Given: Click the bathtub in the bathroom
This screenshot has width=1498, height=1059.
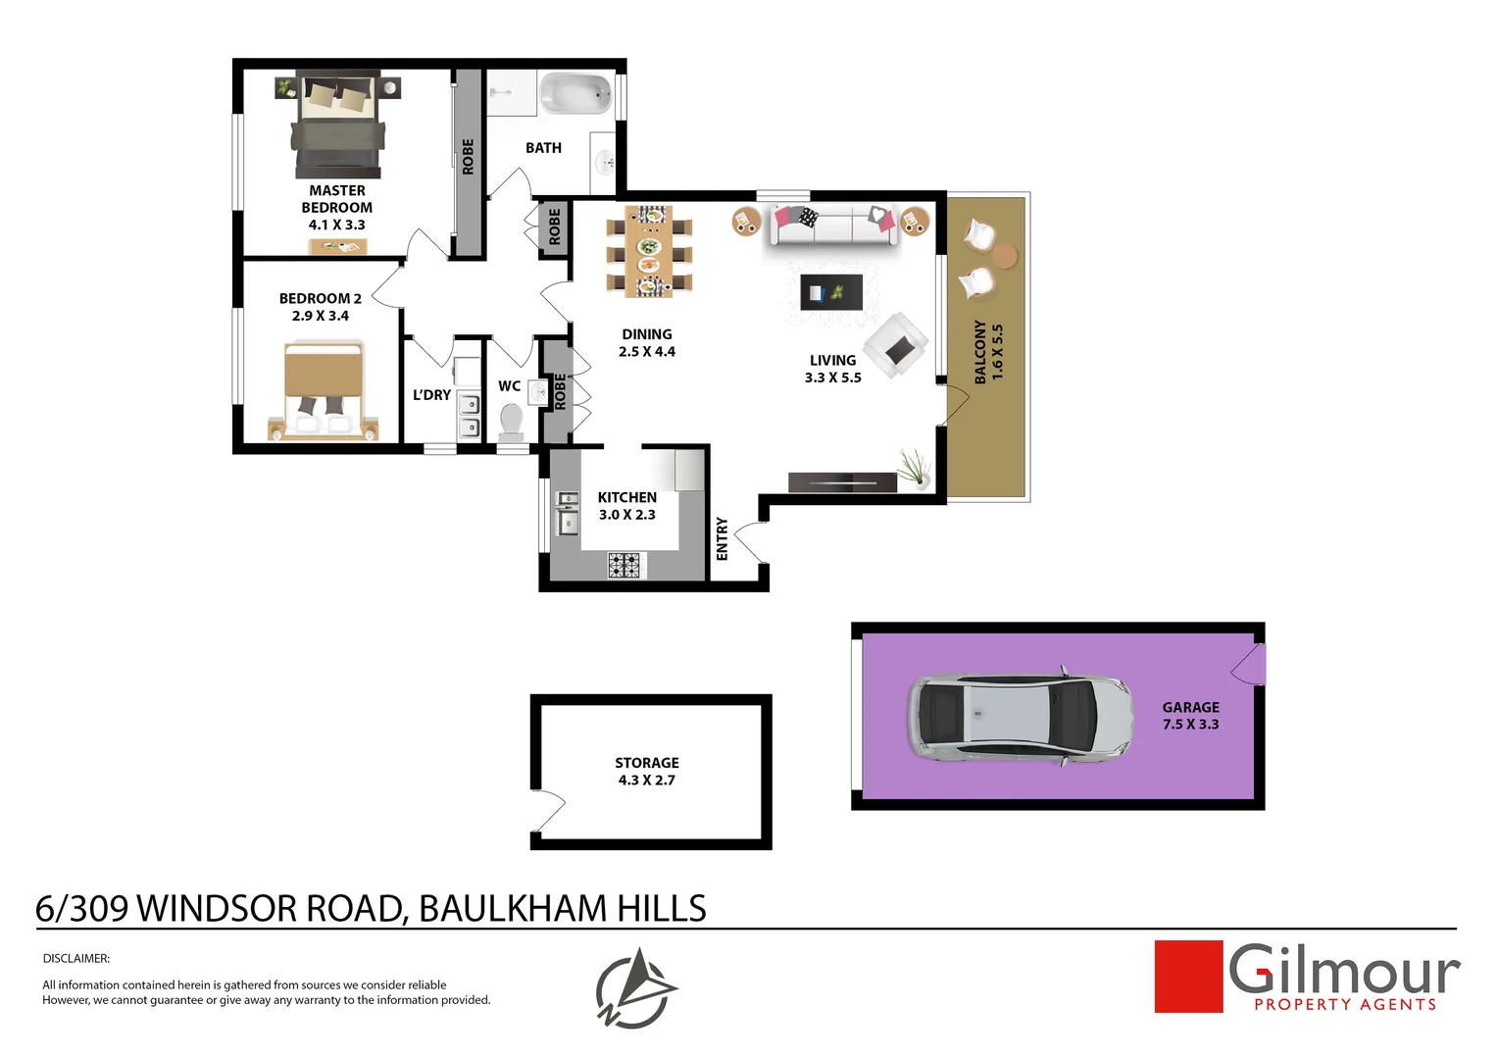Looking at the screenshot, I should point(577,94).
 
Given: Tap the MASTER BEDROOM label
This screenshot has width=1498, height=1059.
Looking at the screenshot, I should point(336,199).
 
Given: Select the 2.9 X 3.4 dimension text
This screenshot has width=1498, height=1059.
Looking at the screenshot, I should point(320,316).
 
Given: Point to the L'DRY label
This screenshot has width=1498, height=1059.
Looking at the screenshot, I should point(431,395).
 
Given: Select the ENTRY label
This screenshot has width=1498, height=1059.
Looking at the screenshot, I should point(723,539).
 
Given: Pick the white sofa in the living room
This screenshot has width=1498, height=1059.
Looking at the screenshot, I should point(833,226).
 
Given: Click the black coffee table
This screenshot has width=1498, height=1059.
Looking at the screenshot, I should point(831,292).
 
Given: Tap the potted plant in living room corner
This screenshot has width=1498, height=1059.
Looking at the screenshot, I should point(914,468).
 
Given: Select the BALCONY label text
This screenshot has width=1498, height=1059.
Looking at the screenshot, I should point(979,351).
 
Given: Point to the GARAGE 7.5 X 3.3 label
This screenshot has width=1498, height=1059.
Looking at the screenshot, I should point(1190,716).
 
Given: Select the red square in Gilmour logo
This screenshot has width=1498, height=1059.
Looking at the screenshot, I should point(1188,977).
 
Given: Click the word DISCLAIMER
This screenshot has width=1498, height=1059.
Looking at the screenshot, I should point(76,959).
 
